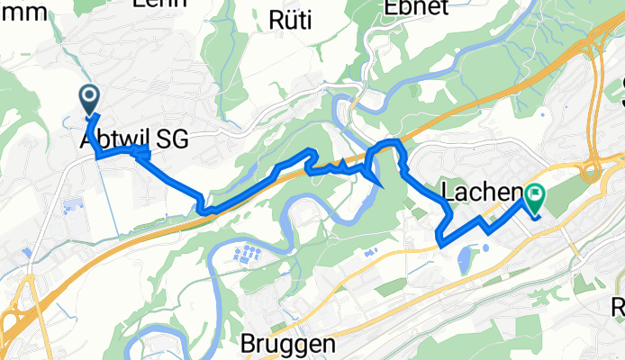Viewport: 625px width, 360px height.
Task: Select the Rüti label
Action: pos(290,19)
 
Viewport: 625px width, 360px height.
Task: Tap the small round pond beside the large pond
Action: pos(486,247)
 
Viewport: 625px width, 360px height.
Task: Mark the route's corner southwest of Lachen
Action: pos(439,239)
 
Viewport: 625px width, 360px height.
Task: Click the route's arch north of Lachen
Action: pos(391,143)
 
